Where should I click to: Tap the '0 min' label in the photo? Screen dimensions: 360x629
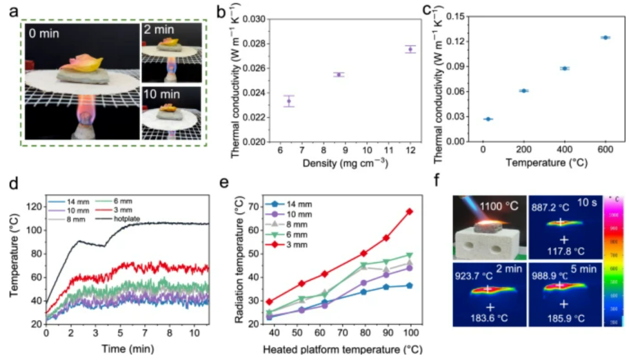(46, 33)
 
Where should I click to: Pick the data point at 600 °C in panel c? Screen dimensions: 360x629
(605, 37)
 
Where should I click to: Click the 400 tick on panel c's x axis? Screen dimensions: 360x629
(564, 149)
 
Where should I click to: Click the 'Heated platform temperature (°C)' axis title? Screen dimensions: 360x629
(341, 350)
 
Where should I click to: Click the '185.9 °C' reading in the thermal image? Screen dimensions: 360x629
(568, 317)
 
